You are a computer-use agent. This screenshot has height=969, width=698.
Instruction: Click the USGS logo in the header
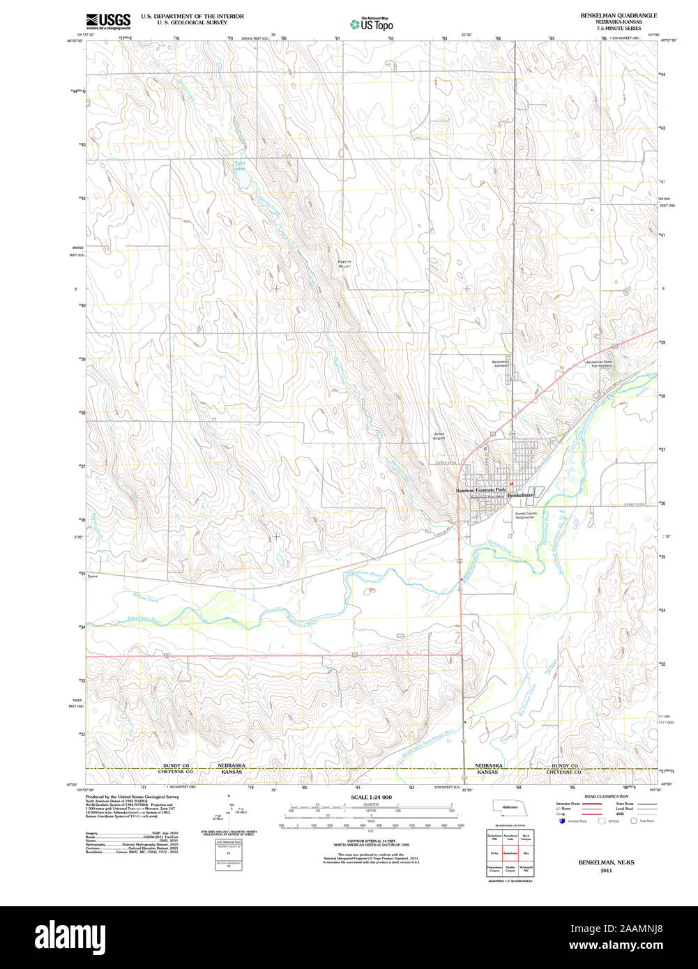pyautogui.click(x=108, y=22)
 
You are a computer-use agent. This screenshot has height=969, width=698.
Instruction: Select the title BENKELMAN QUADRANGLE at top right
pyautogui.click(x=619, y=15)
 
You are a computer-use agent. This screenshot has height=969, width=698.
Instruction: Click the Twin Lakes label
pyautogui.click(x=239, y=166)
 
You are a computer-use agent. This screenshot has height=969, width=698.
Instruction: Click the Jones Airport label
pyautogui.click(x=439, y=436)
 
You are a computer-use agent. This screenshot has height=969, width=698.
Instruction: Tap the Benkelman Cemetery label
pyautogui.click(x=501, y=365)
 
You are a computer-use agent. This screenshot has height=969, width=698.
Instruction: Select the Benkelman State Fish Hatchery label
pyautogui.click(x=598, y=365)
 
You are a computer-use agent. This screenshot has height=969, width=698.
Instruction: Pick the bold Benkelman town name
pyautogui.click(x=521, y=495)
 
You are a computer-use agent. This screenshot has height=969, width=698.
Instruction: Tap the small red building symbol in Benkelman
pyautogui.click(x=511, y=484)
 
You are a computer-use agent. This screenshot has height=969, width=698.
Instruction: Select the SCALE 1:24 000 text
pyautogui.click(x=371, y=797)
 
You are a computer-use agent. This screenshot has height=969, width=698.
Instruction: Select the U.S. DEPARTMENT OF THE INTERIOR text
pyautogui.click(x=192, y=15)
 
